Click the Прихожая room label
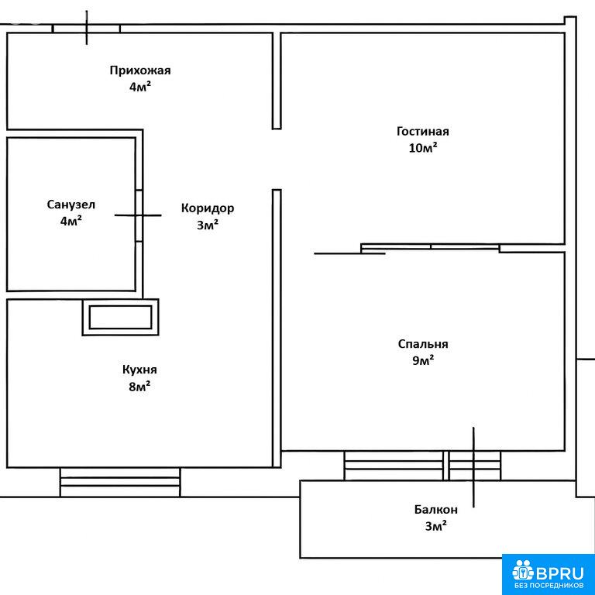140,71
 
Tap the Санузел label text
71,205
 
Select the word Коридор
208,208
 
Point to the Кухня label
139,370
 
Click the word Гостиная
423,131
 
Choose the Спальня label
423,344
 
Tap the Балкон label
436,509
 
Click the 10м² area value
423,148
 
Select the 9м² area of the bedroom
423,360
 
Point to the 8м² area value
139,387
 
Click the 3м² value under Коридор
208,225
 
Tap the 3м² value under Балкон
436,526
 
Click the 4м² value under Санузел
71,221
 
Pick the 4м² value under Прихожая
140,87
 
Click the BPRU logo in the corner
549,574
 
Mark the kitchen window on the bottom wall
120,482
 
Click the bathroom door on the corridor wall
139,215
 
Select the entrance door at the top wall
87,29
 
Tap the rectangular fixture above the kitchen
121,317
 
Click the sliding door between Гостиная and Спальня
429,248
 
